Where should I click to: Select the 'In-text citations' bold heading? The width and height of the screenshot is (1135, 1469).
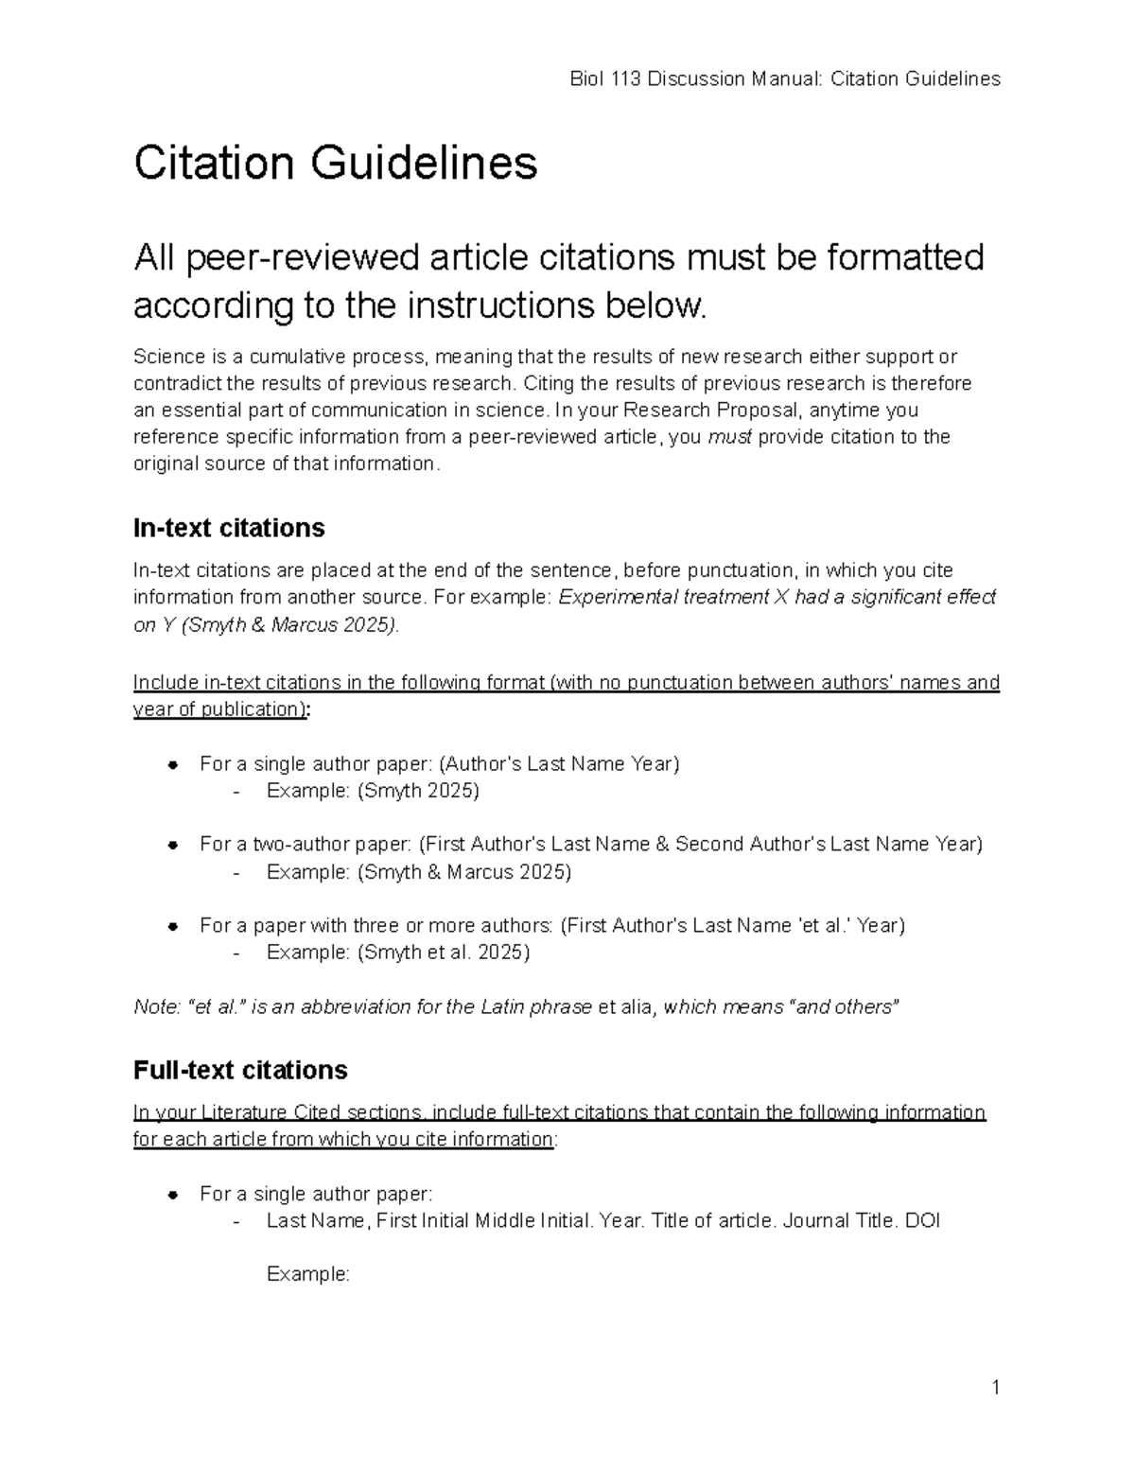pos(229,527)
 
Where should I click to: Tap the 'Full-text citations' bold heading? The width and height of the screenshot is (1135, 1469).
pos(240,1070)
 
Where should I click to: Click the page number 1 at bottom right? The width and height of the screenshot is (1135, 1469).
pos(995,1388)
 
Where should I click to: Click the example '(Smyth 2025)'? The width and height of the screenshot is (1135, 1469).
pos(417,791)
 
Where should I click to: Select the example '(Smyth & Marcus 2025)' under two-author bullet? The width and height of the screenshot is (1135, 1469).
pos(463,872)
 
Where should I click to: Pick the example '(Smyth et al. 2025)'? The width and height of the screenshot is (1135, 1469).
pos(443,953)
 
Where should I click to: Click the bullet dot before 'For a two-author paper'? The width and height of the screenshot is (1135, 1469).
pos(173,845)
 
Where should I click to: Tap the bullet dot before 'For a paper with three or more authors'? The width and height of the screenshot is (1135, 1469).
pos(173,926)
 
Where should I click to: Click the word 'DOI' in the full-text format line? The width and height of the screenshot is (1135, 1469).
pos(922,1220)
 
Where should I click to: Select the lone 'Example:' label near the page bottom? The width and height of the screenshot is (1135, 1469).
pos(308,1274)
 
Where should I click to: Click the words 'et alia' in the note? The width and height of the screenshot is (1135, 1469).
pos(628,1006)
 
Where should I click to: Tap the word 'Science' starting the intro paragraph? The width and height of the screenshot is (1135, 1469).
pos(168,357)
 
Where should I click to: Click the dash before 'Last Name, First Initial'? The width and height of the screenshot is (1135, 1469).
pos(236,1221)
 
